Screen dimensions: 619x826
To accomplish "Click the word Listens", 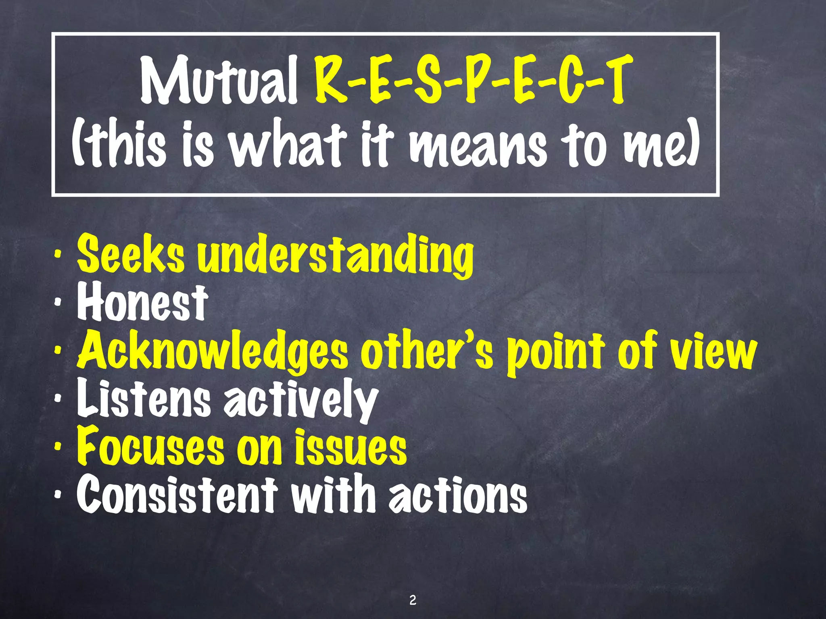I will click(144, 399).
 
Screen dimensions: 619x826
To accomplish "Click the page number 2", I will click(413, 600).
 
